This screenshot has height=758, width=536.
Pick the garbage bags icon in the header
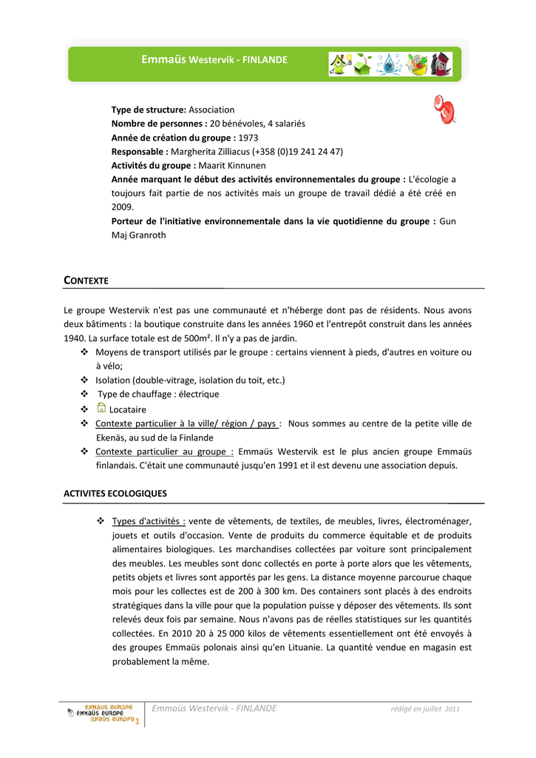click(441, 64)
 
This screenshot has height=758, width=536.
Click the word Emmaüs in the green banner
click(164, 58)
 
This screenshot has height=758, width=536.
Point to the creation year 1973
click(248, 138)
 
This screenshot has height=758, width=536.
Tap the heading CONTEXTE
click(86, 281)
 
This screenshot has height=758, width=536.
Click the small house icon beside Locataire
click(101, 409)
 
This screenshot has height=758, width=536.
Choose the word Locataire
click(128, 409)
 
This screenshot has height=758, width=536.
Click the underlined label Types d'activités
click(149, 521)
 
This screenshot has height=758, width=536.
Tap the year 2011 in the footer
click(452, 709)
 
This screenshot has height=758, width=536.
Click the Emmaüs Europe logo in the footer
click(101, 714)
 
